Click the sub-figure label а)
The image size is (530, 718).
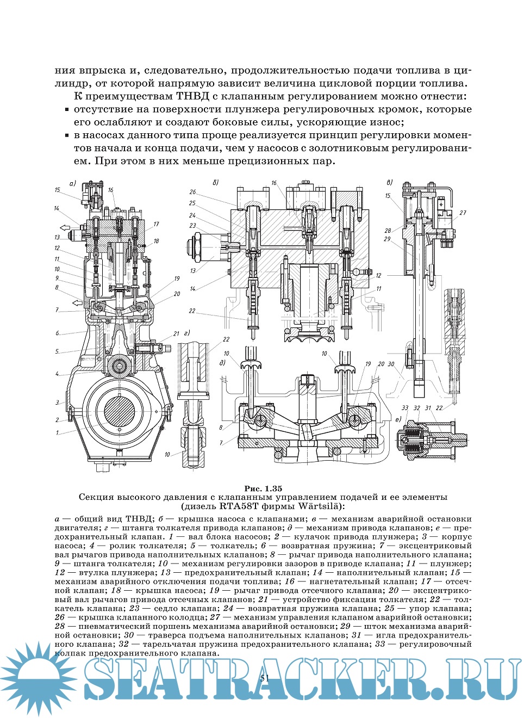[72, 183]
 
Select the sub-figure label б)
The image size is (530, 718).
[216, 182]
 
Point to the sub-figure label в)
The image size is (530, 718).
[389, 182]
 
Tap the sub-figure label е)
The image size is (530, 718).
[398, 419]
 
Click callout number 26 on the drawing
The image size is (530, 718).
[193, 192]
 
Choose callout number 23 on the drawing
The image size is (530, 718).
[192, 226]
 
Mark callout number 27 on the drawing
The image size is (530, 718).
[463, 213]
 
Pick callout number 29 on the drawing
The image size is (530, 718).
[387, 239]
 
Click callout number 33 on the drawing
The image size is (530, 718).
[405, 407]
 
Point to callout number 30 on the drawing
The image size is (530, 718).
[391, 364]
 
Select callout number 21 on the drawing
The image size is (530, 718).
[176, 333]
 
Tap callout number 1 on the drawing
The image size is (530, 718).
[57, 432]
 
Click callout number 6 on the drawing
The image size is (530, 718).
[57, 333]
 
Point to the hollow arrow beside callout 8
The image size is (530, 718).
[78, 302]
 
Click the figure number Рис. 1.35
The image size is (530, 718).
[263, 488]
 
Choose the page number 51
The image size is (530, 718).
[265, 678]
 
